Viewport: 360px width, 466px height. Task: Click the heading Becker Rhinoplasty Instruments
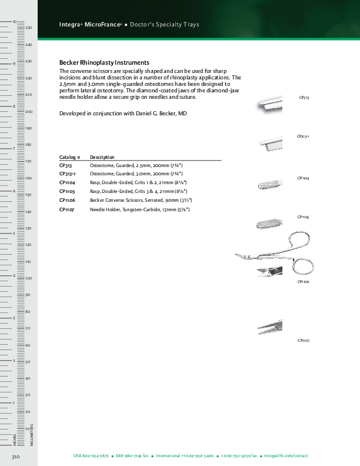point(104,62)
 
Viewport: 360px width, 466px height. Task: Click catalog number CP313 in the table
point(66,166)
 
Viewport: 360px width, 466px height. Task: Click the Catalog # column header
point(69,157)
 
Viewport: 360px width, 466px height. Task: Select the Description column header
point(102,157)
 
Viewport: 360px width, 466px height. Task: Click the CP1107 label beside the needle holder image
point(304,341)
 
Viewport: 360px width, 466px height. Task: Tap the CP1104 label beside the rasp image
point(304,178)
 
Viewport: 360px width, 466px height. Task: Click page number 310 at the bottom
point(16,456)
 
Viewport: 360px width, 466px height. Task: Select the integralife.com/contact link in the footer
point(286,456)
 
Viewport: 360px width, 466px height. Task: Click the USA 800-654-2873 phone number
point(91,456)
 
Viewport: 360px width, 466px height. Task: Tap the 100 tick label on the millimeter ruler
point(28,278)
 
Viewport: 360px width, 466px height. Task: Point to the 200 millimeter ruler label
point(28,111)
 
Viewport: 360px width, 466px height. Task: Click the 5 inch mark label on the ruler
point(14,233)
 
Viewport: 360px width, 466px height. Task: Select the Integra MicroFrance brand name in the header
point(90,25)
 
